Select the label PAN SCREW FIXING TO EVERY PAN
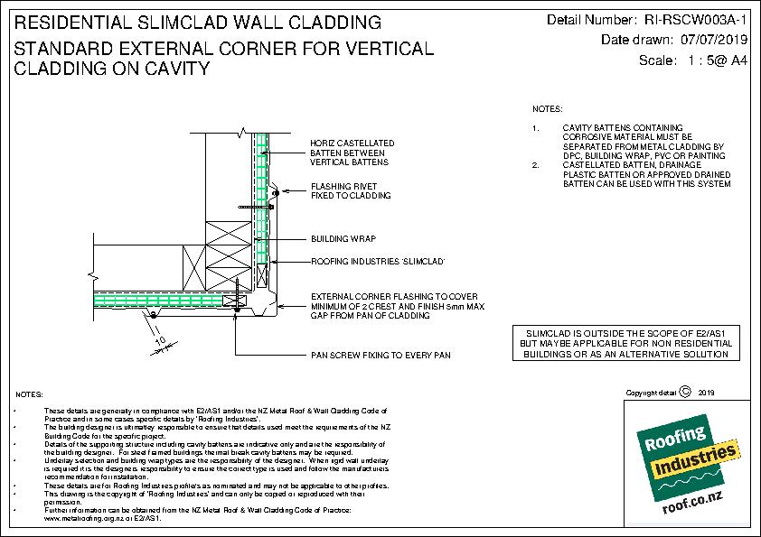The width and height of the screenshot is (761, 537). point(379,356)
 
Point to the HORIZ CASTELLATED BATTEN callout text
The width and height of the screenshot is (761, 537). point(352,153)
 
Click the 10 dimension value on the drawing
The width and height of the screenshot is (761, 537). point(160,341)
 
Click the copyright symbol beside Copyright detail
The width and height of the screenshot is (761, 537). point(684,393)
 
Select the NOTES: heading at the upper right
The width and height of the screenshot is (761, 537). point(546,107)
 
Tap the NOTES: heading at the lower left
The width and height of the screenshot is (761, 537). point(31,396)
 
